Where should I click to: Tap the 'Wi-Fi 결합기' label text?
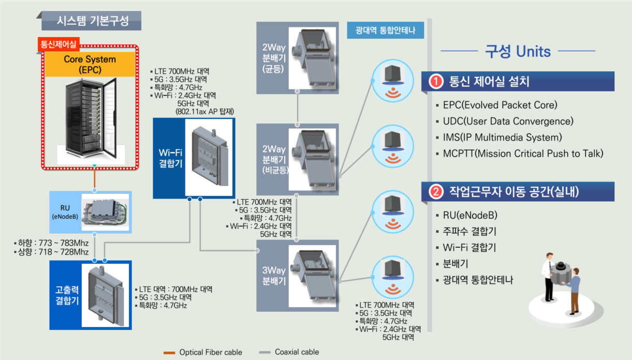(169, 158)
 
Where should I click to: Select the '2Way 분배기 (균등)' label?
(273, 58)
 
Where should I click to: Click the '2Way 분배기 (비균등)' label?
(273, 159)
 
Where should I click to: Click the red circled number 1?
(436, 82)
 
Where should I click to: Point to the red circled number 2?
(436, 192)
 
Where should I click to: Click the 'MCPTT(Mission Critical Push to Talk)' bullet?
(523, 154)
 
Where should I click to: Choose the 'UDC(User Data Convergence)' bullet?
(508, 122)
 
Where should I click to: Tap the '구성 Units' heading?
(518, 51)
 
